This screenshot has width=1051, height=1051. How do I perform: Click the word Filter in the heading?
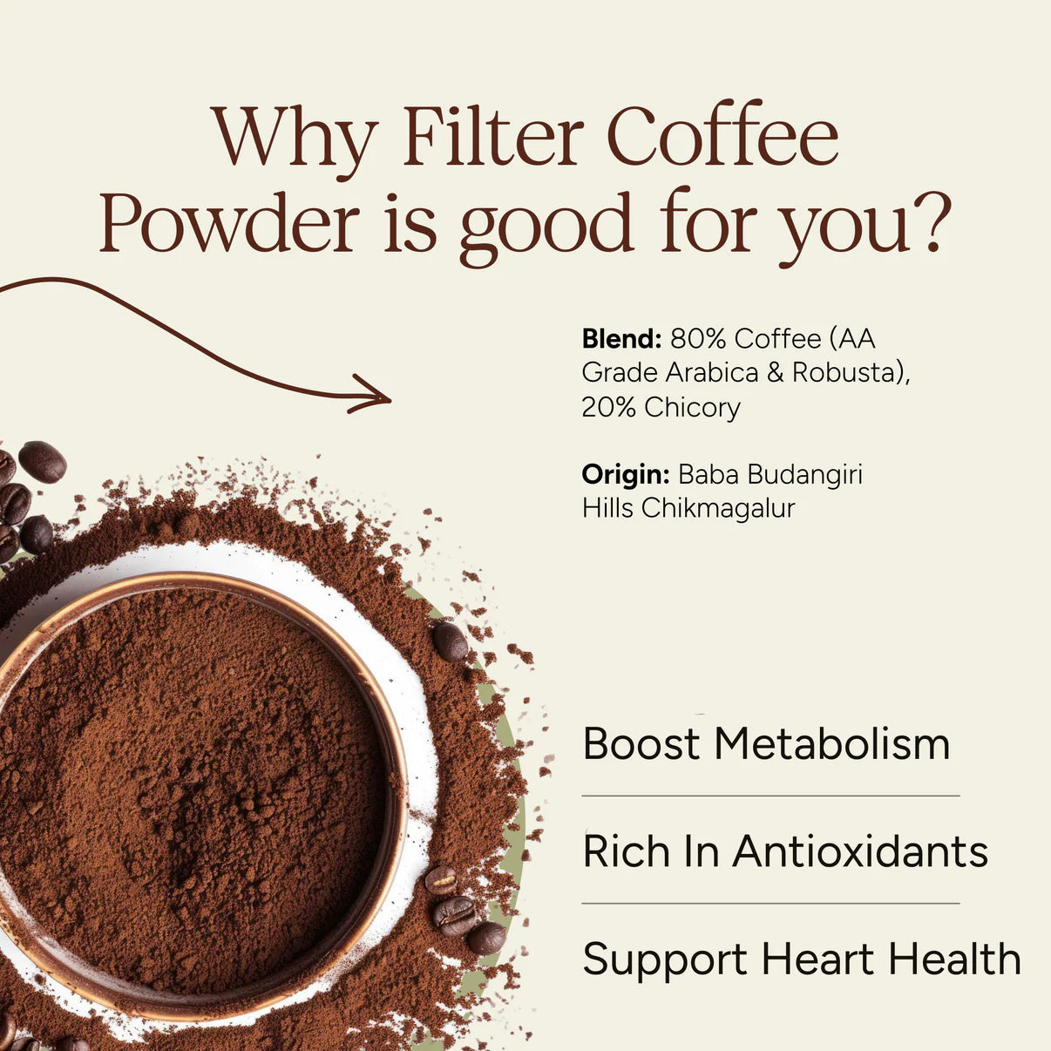pos(492,138)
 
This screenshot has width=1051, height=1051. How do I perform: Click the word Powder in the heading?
pos(229,223)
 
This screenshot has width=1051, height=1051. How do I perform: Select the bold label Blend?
pos(621,338)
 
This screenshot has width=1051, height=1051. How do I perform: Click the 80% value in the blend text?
pos(698,338)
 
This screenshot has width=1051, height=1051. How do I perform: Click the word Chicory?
pos(692,407)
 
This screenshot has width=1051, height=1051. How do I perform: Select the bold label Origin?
pos(625,474)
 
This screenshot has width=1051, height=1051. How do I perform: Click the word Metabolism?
pos(831,744)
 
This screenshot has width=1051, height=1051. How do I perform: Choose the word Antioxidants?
pos(860,851)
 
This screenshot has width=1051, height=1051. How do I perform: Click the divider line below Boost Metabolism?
pos(770,796)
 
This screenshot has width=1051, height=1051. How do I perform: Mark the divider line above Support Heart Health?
pos(770,904)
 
